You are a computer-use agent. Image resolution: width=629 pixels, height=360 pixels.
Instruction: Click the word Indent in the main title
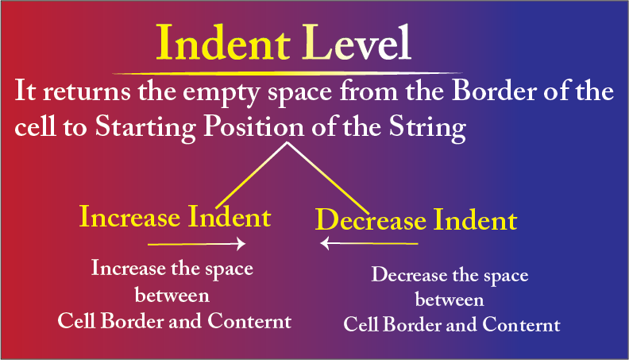click(223, 43)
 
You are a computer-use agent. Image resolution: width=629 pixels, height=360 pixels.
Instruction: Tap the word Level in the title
click(357, 43)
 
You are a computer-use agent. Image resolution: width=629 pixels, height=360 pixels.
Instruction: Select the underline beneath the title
click(287, 73)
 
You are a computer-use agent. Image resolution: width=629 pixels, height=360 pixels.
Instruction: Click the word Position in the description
click(254, 127)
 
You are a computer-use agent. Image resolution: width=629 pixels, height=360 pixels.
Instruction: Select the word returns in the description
click(87, 92)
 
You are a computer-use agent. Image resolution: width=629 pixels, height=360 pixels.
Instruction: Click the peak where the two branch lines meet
click(287, 143)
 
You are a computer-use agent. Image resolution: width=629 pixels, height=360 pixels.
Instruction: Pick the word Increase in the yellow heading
click(129, 217)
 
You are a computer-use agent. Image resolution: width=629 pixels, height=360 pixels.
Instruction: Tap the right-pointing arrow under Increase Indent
click(197, 244)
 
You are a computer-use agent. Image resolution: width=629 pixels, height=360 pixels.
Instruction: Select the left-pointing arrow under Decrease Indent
click(369, 243)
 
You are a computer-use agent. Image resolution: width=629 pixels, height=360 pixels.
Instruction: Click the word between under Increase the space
click(172, 296)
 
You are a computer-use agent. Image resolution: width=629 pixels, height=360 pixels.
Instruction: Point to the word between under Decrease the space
click(450, 300)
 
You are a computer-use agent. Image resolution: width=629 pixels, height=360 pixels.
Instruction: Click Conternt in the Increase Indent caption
click(249, 321)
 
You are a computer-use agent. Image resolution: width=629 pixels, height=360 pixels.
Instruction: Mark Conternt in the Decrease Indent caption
click(521, 324)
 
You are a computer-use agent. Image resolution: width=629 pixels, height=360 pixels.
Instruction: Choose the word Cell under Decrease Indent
click(361, 324)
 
